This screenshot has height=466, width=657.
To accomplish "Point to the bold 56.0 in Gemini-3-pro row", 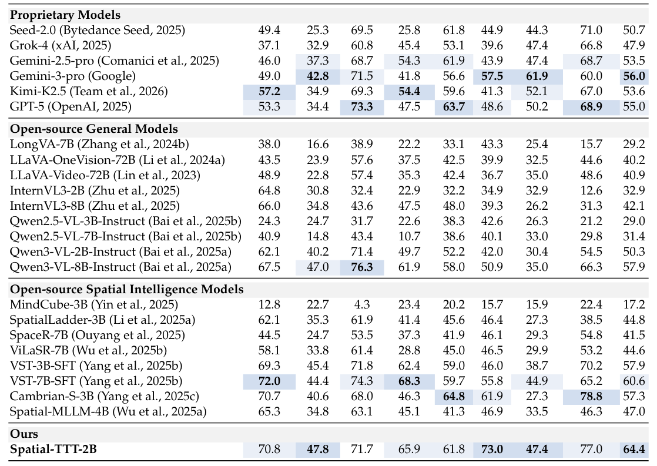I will [x=633, y=75].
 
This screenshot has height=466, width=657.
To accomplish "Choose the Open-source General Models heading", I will [x=94, y=129].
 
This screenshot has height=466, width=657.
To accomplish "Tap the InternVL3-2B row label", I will [x=95, y=190].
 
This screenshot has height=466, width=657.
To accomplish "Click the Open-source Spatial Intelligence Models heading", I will [x=126, y=289].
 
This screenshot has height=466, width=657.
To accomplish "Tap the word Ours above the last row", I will [x=24, y=434].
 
